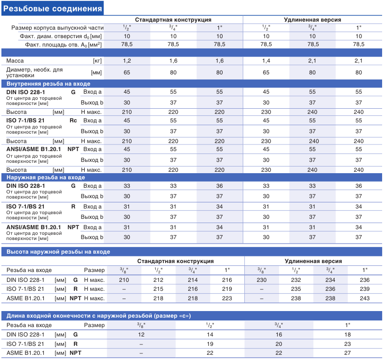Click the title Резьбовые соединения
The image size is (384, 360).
(52, 8)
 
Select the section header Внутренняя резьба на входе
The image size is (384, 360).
(48, 84)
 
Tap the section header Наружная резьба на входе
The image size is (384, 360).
(46, 177)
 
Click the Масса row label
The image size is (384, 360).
(15, 61)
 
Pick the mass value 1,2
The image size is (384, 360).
(127, 61)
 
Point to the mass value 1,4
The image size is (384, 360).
(266, 61)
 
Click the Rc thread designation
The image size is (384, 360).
(73, 120)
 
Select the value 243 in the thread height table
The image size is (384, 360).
(365, 298)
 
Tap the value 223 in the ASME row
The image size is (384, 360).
(227, 298)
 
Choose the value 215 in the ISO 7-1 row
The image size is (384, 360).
(158, 289)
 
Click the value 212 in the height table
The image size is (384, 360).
(158, 280)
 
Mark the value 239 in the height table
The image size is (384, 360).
(365, 289)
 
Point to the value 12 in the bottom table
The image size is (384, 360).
(141, 335)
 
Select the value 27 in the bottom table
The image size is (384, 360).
(347, 353)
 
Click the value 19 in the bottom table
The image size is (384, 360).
(210, 344)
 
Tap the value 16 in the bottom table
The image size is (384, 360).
(279, 335)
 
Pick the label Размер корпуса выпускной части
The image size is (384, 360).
(57, 28)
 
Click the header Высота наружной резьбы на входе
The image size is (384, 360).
(58, 252)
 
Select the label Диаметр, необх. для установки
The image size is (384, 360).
(34, 72)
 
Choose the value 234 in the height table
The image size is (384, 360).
(330, 280)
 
